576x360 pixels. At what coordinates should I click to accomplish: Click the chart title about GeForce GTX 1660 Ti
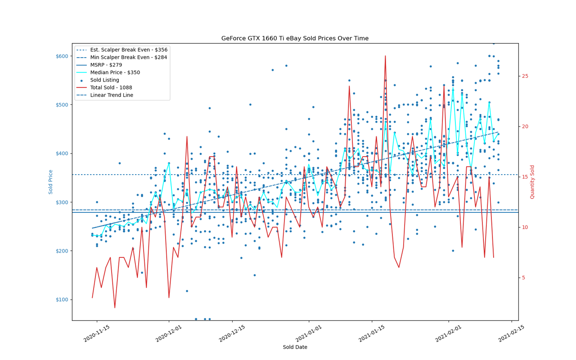tap(295, 38)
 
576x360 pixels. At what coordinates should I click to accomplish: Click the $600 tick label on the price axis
tap(62, 56)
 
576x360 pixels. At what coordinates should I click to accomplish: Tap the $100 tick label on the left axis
tap(62, 300)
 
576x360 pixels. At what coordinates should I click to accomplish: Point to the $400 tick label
tap(62, 153)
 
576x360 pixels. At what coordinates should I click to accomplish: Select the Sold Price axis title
tap(50, 182)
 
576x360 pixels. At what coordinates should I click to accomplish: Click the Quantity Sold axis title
tap(532, 182)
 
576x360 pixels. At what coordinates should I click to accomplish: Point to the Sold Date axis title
tap(295, 347)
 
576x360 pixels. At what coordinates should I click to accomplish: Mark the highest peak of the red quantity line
tap(385, 56)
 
